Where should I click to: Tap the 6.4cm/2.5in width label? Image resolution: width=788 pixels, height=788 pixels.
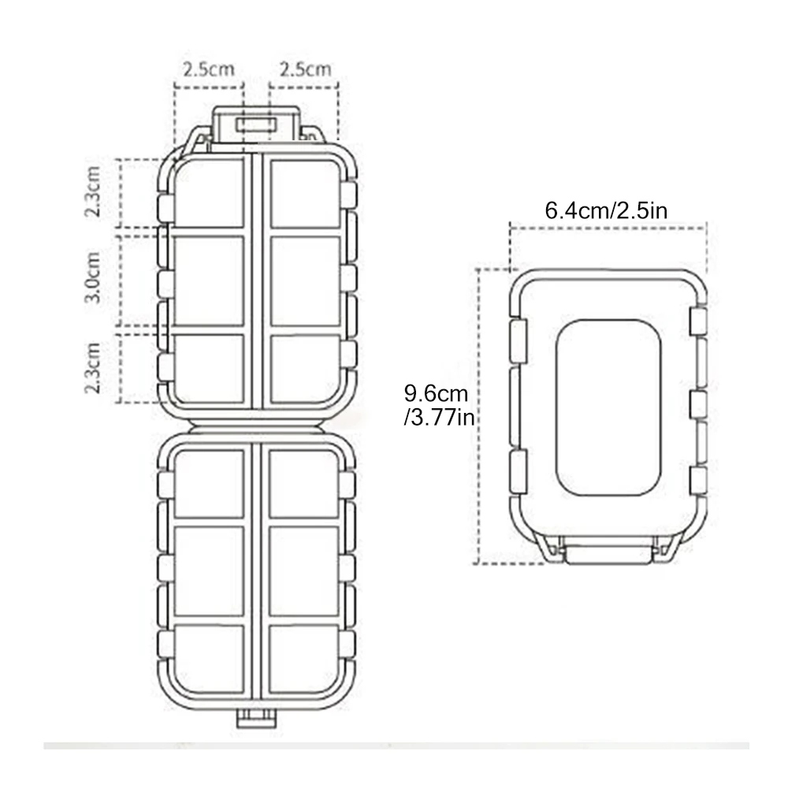pos(606,210)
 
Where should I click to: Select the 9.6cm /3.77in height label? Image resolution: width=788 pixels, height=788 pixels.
pos(439,405)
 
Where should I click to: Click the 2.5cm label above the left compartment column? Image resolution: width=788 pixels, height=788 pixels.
pos(209,69)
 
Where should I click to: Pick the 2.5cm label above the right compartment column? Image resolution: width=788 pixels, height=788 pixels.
pos(305,69)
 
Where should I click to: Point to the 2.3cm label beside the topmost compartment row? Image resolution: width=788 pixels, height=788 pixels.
pos(92,191)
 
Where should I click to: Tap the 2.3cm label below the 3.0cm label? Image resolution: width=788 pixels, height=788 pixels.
pos(92,367)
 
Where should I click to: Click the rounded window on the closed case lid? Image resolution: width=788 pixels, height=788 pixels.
pos(608,407)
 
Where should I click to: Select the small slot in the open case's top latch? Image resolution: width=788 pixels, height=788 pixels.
pos(257,124)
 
